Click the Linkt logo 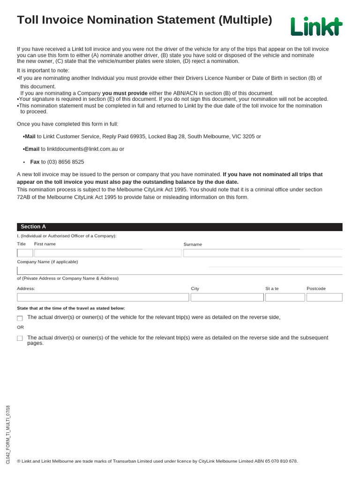click(316, 26)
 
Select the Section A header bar click(180, 227)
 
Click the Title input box click(25, 253)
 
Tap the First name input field click(107, 253)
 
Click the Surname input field click(262, 253)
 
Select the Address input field click(103, 297)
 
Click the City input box click(227, 297)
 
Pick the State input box click(285, 297)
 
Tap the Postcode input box click(324, 297)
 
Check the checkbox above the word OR click(20, 318)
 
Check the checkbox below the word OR click(20, 338)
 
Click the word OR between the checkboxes click(21, 327)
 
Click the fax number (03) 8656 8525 click(66, 162)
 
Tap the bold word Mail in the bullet click(30, 136)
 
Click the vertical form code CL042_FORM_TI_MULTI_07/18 click(7, 435)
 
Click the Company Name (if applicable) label click(47, 262)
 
